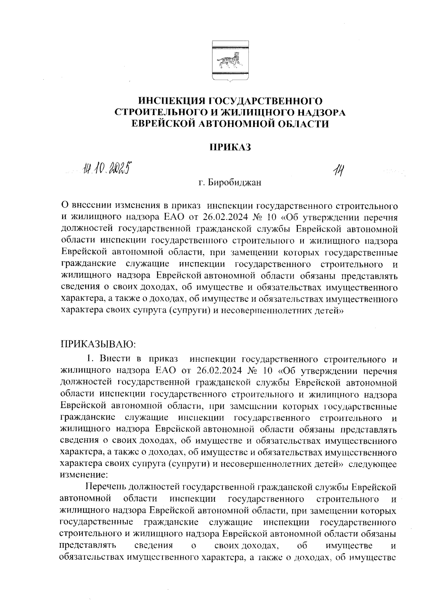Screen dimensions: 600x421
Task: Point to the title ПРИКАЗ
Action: coord(230,147)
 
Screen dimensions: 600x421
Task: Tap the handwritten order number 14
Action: coord(338,172)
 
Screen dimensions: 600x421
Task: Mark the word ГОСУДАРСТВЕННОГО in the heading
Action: coord(265,101)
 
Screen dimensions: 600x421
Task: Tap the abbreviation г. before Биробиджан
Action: coord(201,183)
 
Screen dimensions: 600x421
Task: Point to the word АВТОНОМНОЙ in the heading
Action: coord(237,124)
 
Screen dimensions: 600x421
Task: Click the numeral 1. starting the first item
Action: coord(91,359)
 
